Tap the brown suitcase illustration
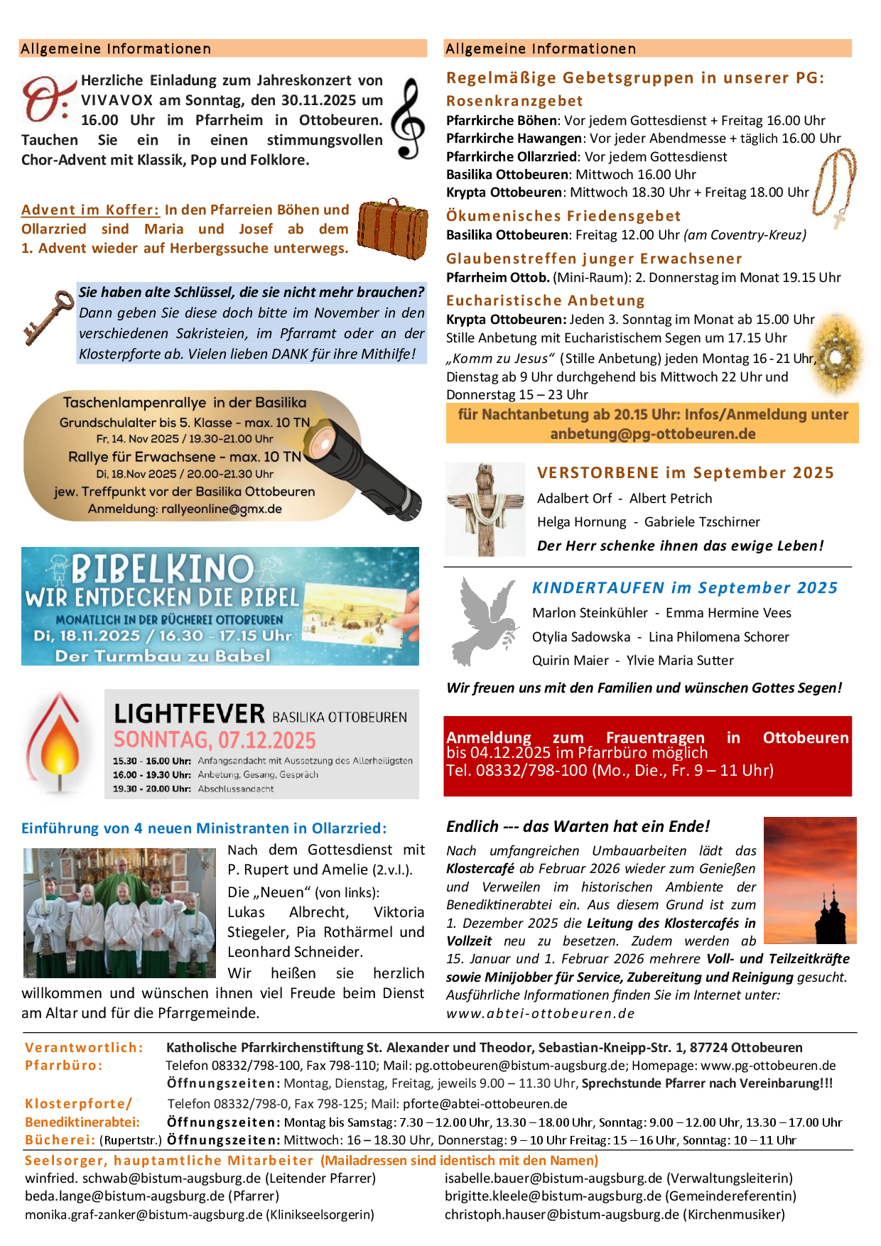tap(392, 229)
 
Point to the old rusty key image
tap(48, 317)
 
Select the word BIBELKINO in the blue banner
tap(162, 569)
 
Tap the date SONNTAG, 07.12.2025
tap(215, 740)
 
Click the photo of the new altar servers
tap(119, 912)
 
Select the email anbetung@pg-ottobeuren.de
tap(652, 434)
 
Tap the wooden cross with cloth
tap(485, 509)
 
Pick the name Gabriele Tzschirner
tap(702, 522)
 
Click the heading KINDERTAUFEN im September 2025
tap(684, 587)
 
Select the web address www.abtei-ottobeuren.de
tap(540, 1014)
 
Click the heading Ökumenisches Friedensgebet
tap(563, 216)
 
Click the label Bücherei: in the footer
tap(60, 1140)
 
